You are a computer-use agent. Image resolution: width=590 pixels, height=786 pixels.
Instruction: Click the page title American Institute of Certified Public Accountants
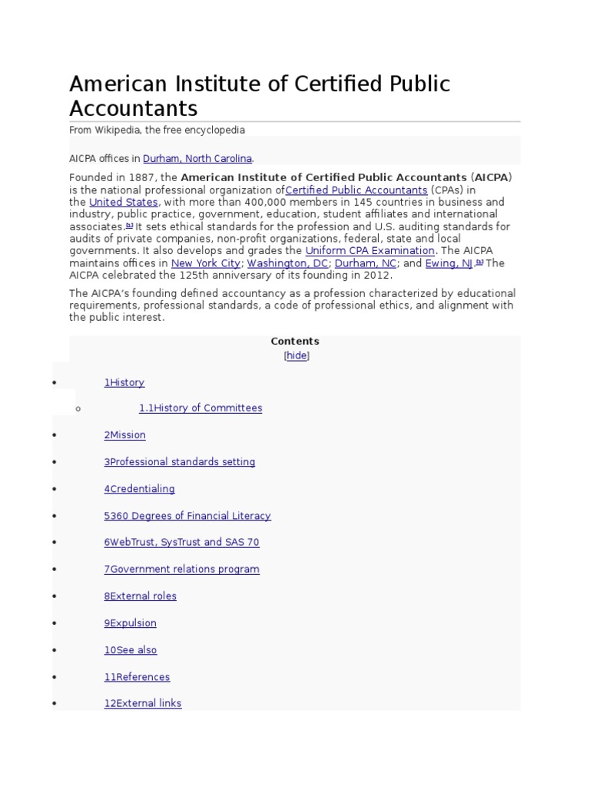click(260, 95)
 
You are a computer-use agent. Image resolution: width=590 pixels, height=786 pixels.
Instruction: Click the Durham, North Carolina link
click(197, 159)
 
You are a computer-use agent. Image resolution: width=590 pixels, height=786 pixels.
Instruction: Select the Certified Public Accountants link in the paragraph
click(356, 190)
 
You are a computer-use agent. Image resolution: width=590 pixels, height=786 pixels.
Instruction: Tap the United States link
click(123, 203)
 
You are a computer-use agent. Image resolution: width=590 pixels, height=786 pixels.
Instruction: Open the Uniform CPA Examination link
click(370, 251)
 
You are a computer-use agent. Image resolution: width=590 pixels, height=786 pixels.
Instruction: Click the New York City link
click(205, 263)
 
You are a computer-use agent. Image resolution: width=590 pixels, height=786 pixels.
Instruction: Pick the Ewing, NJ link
click(449, 263)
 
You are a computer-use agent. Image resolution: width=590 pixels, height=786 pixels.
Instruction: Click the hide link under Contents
click(297, 356)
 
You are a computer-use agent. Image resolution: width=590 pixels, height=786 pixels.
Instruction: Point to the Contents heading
click(295, 342)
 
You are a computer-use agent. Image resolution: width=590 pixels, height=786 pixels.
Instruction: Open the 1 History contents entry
click(124, 383)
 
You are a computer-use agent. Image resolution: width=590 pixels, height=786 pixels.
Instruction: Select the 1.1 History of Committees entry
click(201, 408)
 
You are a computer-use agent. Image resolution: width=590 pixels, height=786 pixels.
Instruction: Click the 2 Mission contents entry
click(125, 435)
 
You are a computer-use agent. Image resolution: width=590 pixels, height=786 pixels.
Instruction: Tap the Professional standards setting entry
click(180, 462)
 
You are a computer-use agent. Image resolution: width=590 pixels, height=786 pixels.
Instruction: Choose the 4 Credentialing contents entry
click(140, 489)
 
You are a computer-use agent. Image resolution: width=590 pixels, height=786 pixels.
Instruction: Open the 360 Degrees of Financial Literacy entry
click(187, 516)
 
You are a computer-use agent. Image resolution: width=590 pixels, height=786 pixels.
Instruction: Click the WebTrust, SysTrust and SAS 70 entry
click(182, 543)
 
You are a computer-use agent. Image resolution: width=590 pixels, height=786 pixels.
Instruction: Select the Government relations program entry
click(182, 570)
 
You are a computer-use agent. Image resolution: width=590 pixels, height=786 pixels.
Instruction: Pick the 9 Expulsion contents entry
click(131, 623)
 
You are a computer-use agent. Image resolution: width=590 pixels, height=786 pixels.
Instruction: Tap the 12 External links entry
click(143, 703)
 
